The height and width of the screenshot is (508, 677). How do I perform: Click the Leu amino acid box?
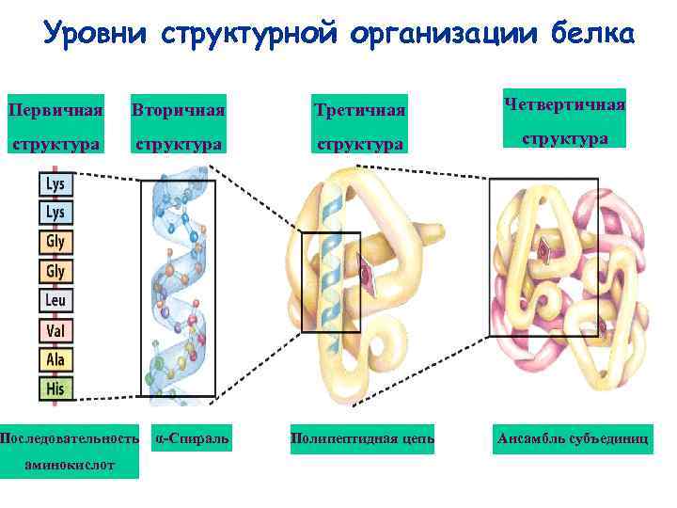[x=55, y=302]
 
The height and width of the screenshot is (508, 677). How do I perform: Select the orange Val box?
[x=55, y=331]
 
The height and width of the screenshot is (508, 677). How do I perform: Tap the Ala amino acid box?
[x=55, y=359]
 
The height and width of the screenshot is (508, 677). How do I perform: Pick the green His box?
[x=55, y=388]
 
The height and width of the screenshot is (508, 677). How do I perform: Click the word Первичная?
[x=55, y=110]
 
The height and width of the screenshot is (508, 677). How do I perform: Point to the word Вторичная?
[x=179, y=110]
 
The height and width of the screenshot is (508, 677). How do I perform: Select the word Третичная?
[x=360, y=110]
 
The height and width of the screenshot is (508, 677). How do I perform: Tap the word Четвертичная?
[x=565, y=103]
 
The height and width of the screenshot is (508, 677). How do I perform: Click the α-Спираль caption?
[x=193, y=438]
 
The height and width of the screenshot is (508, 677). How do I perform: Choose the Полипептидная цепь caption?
[x=362, y=438]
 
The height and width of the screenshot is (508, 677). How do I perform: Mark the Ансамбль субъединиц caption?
[x=572, y=438]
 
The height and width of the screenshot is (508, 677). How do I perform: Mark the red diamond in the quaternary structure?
[x=544, y=249]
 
